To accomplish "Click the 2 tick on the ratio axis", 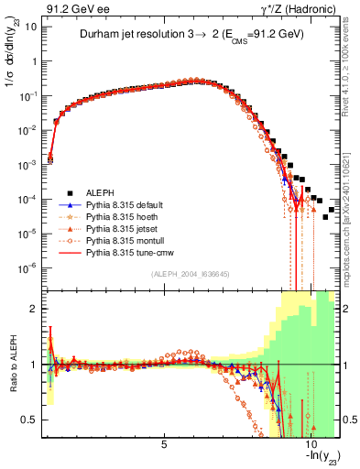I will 35,309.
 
